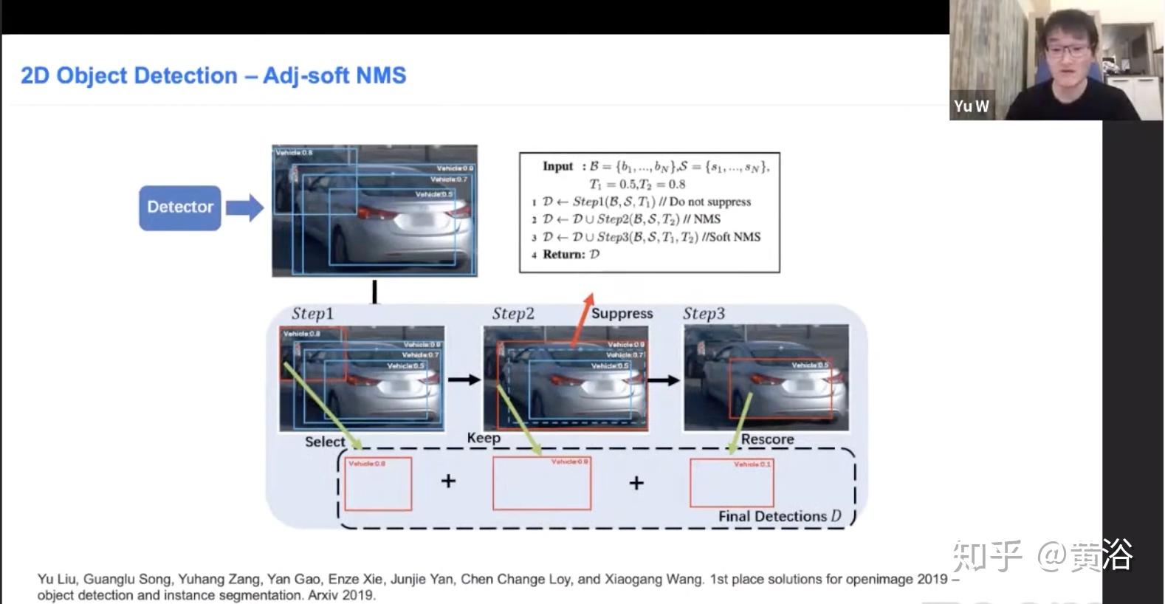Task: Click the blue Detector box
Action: point(179,207)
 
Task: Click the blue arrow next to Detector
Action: point(245,207)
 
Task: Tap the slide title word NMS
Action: point(381,75)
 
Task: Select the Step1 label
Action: point(312,314)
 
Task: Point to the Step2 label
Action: point(513,314)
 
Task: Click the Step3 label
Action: point(704,314)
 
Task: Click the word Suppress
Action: point(622,314)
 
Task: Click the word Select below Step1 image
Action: point(325,442)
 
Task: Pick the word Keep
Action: point(484,438)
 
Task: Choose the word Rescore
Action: point(767,439)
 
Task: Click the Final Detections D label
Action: point(780,516)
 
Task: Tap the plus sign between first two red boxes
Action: point(448,481)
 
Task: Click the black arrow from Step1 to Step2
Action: point(464,380)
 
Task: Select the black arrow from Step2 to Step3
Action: point(664,380)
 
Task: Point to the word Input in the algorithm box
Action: point(557,166)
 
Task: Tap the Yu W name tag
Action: point(971,106)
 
